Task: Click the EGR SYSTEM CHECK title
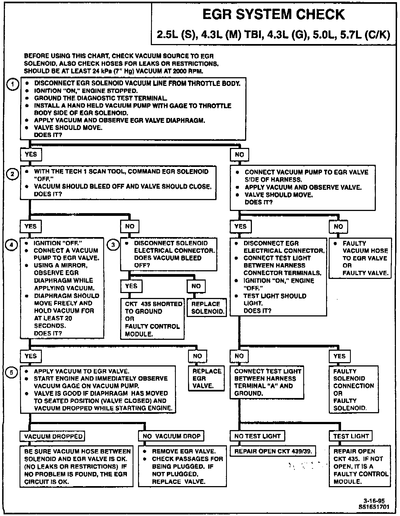[273, 14]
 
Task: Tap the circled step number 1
[12, 84]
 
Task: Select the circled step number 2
[12, 174]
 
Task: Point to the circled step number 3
[113, 245]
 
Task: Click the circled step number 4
[11, 245]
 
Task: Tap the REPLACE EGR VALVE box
[207, 378]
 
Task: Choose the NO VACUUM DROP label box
[171, 436]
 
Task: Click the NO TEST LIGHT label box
[257, 436]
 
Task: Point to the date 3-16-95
[374, 501]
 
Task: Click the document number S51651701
[374, 507]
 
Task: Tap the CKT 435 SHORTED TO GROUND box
[152, 319]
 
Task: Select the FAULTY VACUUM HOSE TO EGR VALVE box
[360, 258]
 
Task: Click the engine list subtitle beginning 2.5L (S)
[273, 35]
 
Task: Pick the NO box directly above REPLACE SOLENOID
[196, 286]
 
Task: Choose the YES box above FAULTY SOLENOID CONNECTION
[339, 356]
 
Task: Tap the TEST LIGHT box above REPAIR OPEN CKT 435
[351, 436]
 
